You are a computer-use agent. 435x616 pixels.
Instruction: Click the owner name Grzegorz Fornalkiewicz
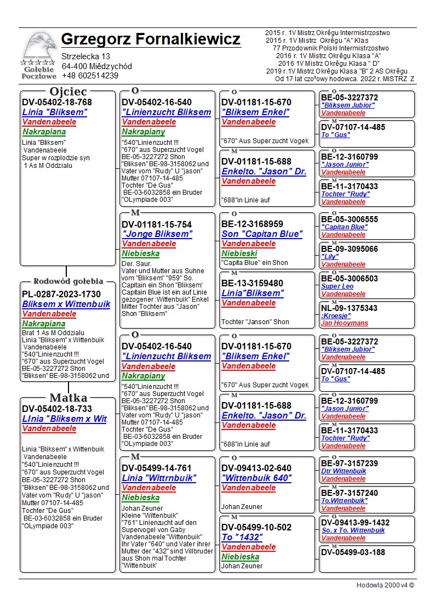(x=151, y=39)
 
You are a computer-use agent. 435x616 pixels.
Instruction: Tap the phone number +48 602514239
(x=90, y=76)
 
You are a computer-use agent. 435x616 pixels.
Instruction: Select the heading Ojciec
(x=68, y=92)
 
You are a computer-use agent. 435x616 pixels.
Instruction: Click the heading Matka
(x=68, y=398)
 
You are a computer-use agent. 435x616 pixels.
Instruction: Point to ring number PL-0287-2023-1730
(x=61, y=295)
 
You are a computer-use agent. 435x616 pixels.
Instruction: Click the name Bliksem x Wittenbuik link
(x=66, y=304)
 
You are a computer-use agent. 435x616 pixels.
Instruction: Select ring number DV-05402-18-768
(x=57, y=103)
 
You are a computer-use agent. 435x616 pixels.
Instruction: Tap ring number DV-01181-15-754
(x=157, y=224)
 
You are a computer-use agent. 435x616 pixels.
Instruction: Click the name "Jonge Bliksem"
(x=157, y=234)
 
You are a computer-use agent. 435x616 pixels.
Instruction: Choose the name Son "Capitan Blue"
(x=262, y=234)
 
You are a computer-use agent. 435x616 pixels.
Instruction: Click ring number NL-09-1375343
(x=349, y=308)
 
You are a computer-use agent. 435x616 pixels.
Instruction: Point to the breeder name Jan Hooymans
(x=344, y=324)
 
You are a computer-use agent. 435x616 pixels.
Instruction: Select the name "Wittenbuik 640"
(x=256, y=478)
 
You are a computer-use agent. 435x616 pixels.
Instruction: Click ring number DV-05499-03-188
(x=353, y=552)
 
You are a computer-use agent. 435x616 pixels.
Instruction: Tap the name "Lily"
(x=329, y=257)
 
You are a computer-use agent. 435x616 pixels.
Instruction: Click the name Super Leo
(x=337, y=286)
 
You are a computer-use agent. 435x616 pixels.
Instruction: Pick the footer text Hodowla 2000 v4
(x=385, y=585)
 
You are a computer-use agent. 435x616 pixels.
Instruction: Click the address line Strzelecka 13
(x=86, y=56)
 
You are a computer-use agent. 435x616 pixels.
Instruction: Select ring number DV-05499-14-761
(x=157, y=468)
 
